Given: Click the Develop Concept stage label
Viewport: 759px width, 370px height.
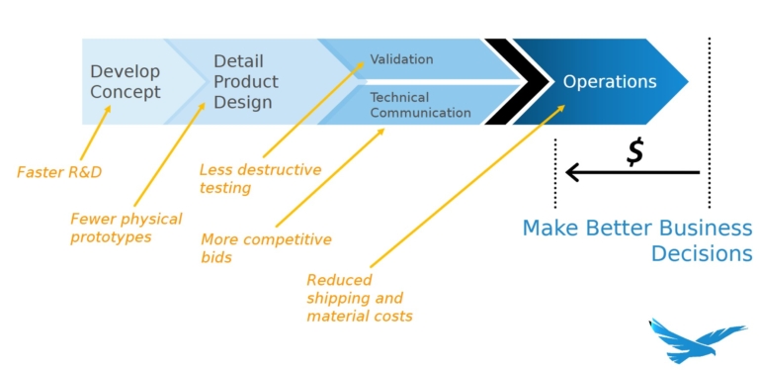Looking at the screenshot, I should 126,82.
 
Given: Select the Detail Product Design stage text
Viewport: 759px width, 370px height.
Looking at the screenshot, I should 246,82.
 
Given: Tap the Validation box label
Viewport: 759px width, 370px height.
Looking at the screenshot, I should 401,59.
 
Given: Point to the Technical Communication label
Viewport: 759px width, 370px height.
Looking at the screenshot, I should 420,105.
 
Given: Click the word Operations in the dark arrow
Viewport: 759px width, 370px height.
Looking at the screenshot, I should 610,82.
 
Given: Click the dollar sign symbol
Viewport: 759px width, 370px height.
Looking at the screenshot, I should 635,151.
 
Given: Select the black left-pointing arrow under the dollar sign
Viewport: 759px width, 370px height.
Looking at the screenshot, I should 632,173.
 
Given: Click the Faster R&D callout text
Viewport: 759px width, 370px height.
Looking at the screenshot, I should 59,172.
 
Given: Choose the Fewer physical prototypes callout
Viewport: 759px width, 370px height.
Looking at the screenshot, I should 126,229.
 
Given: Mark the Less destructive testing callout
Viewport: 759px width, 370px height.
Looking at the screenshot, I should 260,178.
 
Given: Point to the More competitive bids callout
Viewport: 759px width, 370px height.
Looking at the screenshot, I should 266,248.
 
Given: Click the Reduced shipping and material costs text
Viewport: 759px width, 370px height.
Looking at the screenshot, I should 359,298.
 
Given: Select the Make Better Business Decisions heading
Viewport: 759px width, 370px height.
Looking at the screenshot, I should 637,240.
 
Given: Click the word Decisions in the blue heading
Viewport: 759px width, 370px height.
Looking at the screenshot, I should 701,254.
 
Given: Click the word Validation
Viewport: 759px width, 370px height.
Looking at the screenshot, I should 401,59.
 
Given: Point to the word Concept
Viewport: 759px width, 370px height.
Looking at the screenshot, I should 126,93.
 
